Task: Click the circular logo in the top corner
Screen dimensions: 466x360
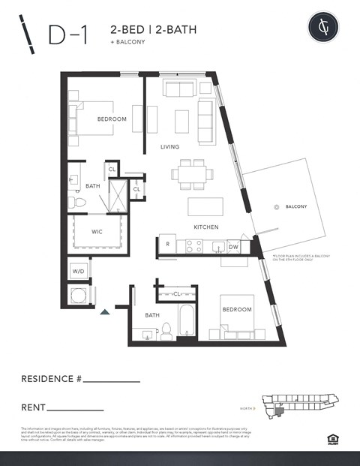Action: click(x=323, y=27)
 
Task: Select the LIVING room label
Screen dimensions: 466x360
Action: click(x=169, y=147)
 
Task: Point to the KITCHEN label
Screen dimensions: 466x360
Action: click(x=205, y=227)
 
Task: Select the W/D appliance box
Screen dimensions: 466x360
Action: click(x=79, y=270)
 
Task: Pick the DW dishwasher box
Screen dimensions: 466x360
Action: click(x=233, y=246)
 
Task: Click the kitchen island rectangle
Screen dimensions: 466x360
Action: click(x=205, y=206)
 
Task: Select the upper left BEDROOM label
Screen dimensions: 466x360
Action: click(x=112, y=119)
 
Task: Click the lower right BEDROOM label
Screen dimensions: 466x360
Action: click(x=236, y=309)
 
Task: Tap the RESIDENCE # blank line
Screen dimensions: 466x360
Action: click(x=111, y=382)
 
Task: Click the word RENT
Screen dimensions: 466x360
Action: click(x=34, y=408)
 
